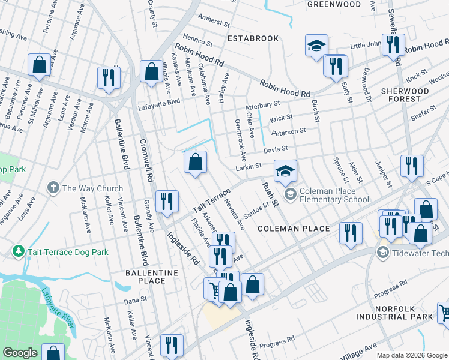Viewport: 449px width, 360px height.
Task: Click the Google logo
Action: click(20, 353)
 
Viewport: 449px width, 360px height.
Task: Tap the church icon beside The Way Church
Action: click(54, 188)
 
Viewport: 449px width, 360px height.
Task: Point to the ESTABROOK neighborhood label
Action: click(253, 38)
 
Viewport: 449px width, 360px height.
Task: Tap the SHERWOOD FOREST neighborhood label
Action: click(405, 96)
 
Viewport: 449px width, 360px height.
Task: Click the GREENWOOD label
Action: click(334, 4)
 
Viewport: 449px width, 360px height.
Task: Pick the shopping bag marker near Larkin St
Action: click(195, 162)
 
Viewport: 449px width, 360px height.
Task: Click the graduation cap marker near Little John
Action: click(316, 46)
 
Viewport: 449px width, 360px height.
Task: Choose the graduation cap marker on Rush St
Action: click(286, 171)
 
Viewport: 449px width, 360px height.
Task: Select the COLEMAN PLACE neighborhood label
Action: click(294, 229)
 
